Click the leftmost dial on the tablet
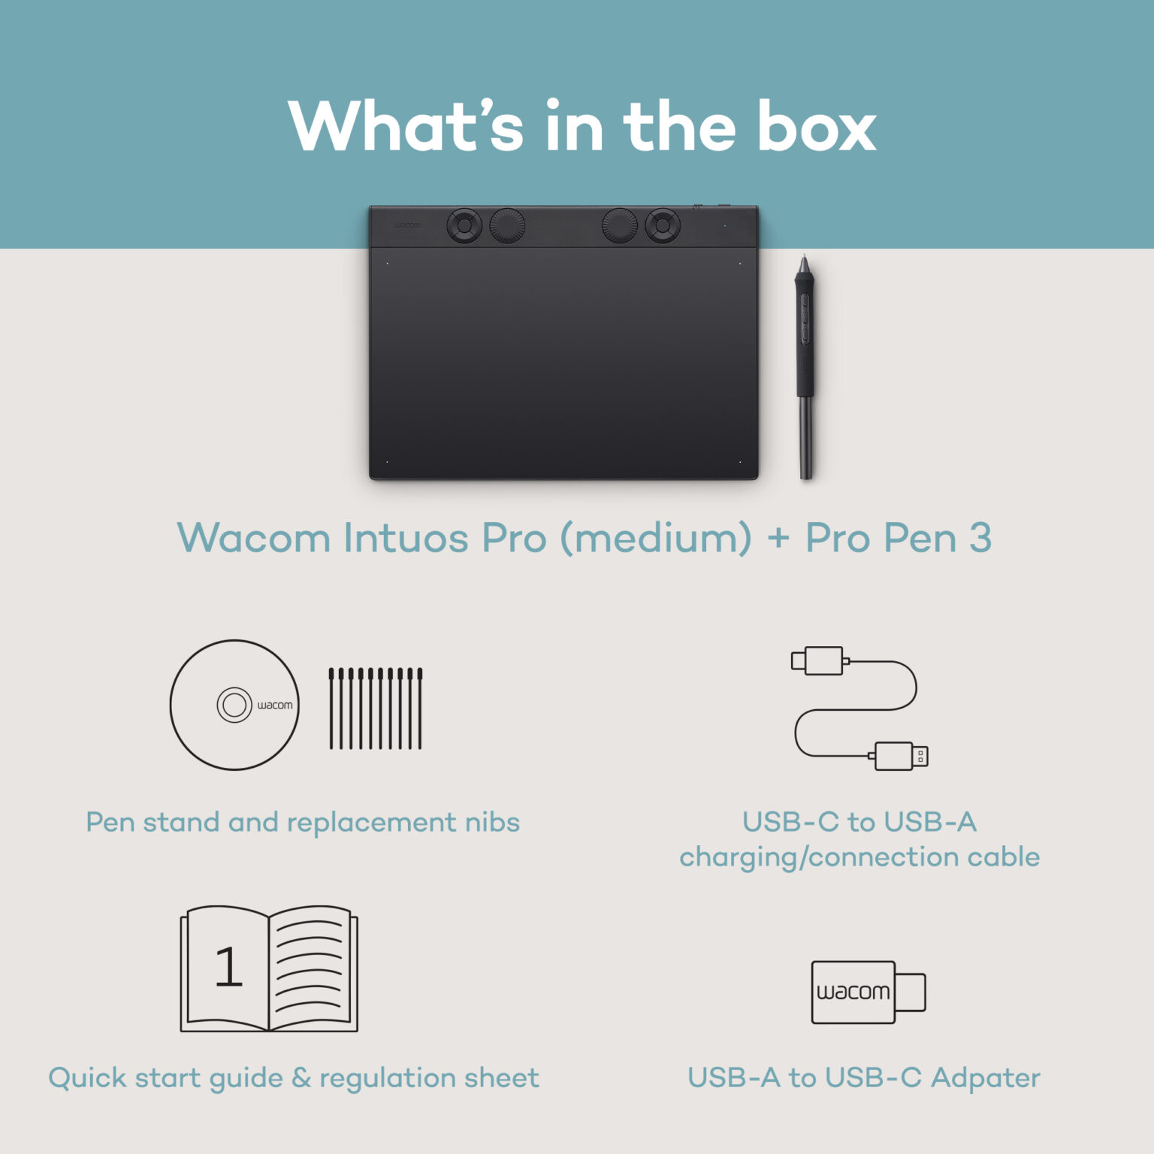(464, 225)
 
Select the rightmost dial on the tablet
(663, 225)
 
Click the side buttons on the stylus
(804, 319)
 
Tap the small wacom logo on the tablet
(408, 225)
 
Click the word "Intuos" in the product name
(406, 538)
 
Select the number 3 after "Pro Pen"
(980, 538)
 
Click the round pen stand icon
(234, 705)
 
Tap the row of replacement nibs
(376, 708)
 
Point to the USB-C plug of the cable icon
(819, 661)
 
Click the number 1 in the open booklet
(228, 967)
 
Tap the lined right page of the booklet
(310, 968)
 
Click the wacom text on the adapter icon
(853, 992)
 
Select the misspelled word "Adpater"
(985, 1078)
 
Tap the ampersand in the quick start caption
(301, 1078)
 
